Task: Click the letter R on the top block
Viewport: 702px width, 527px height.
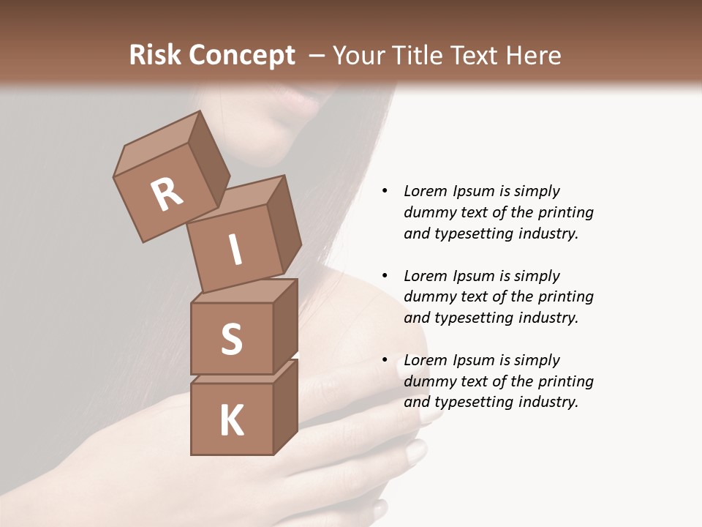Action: tap(167, 194)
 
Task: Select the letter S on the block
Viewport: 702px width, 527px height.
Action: tap(231, 340)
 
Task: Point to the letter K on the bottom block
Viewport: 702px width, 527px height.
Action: tap(231, 421)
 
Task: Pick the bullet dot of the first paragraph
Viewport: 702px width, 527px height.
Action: tap(385, 192)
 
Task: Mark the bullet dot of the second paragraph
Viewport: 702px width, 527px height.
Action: tap(385, 276)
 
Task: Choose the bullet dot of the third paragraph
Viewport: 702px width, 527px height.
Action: tap(385, 360)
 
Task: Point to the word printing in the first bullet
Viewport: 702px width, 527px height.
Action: tap(565, 213)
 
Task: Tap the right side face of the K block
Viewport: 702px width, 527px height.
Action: tap(285, 406)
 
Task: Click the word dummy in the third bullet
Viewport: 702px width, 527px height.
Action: tap(429, 381)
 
